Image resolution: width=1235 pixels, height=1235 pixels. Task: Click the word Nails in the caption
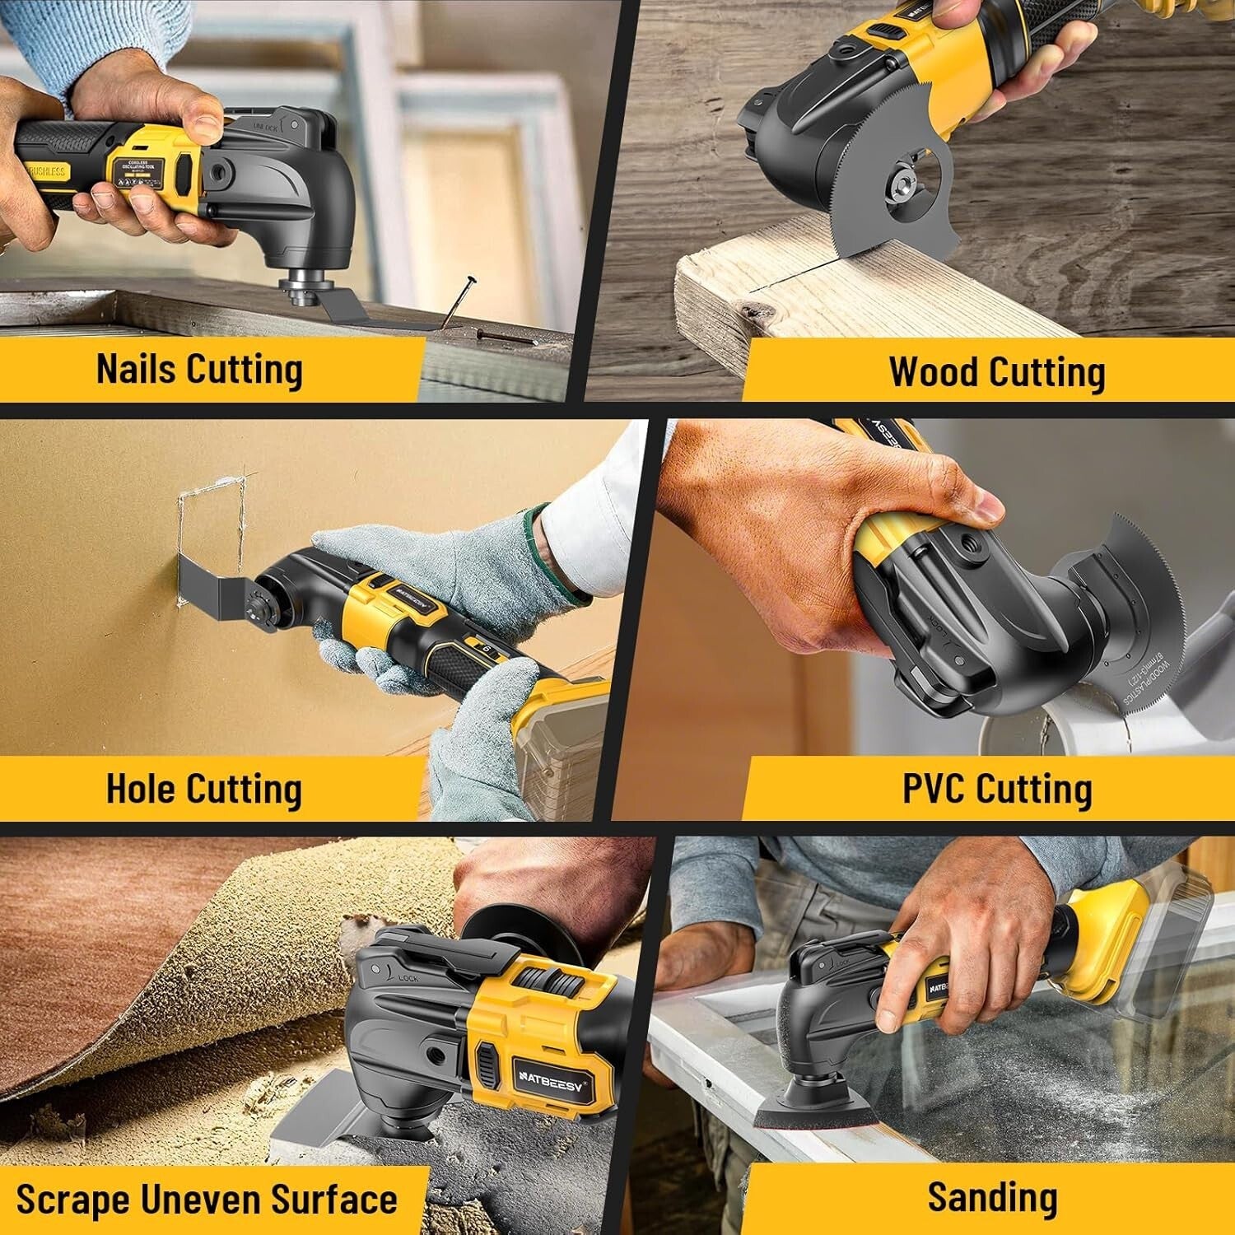click(135, 368)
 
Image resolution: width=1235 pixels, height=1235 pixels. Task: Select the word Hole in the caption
click(140, 788)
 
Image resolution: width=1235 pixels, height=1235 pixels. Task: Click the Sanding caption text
click(992, 1197)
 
